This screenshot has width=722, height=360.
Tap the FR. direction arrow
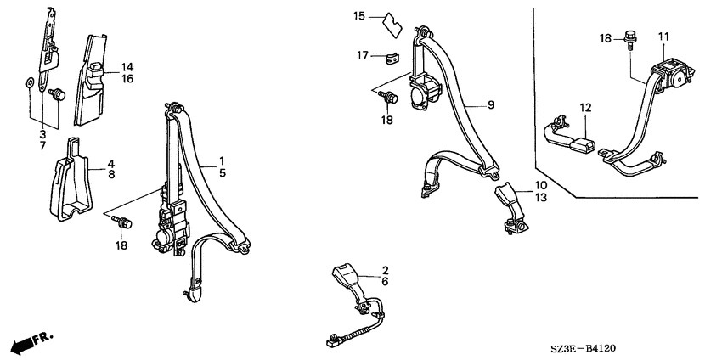31,342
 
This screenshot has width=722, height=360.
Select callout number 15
359,17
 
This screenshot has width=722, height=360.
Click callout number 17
363,56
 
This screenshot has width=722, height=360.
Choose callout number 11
663,37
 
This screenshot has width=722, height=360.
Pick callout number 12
585,108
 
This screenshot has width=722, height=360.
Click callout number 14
127,67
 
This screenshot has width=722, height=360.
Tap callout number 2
385,270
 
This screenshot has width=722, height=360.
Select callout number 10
540,186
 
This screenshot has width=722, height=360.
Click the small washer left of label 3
30,84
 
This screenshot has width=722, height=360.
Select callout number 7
42,146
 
